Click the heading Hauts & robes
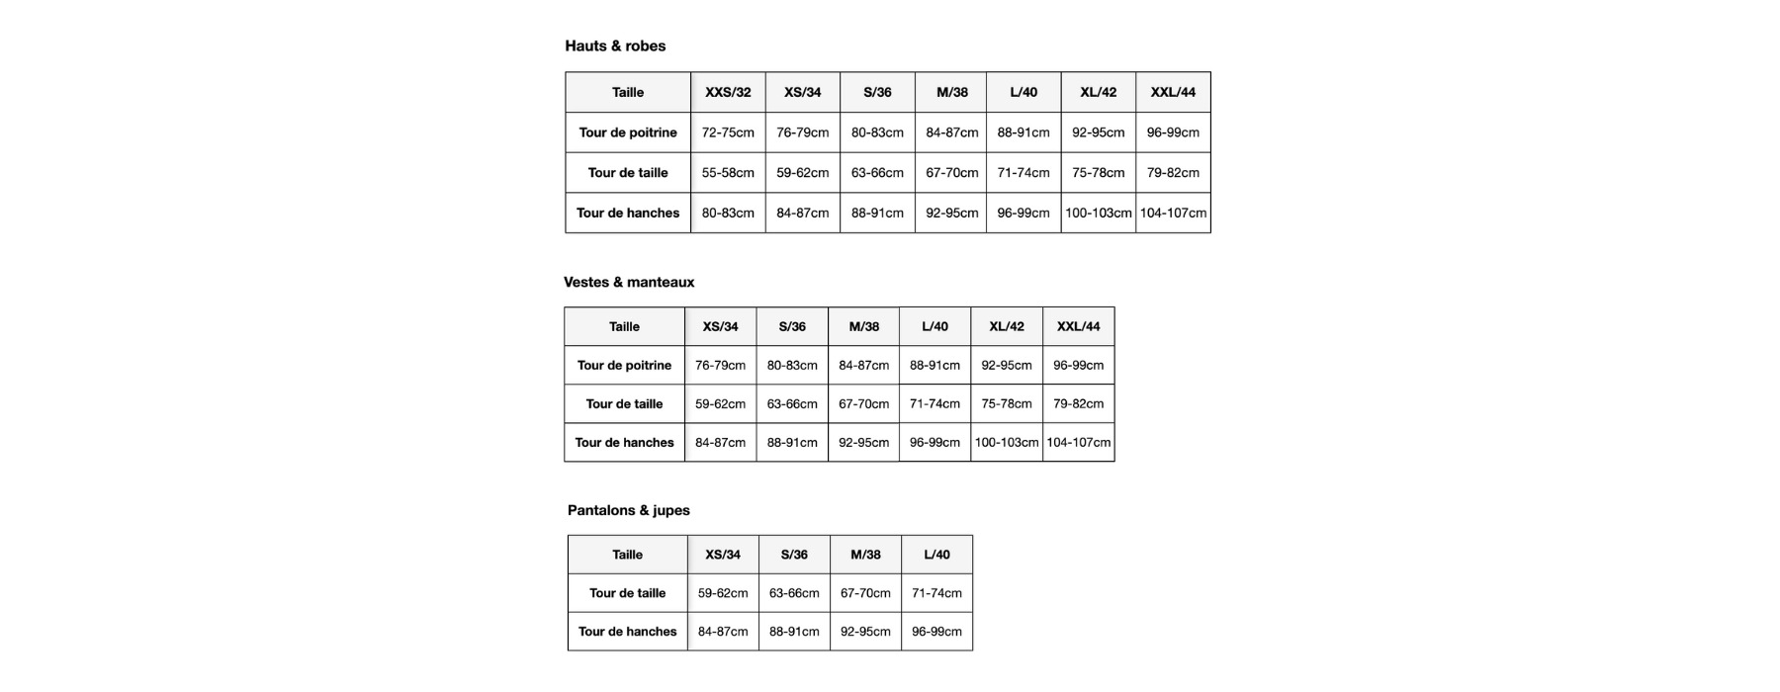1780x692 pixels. [x=615, y=45]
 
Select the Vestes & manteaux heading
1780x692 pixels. [x=629, y=282]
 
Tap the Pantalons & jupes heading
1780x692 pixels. [x=629, y=510]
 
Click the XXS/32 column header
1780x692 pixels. [x=728, y=92]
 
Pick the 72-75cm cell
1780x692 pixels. [x=728, y=132]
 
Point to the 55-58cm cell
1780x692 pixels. [x=728, y=173]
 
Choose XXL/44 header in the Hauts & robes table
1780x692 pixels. [x=1173, y=92]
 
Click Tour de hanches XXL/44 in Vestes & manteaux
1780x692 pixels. [x=1079, y=443]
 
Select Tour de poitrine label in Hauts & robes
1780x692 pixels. [x=628, y=132]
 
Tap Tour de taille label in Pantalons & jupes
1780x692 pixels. [x=628, y=593]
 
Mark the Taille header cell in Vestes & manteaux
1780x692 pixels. [x=624, y=326]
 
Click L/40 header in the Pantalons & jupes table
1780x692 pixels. [x=936, y=555]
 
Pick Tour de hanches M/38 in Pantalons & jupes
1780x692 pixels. [x=865, y=632]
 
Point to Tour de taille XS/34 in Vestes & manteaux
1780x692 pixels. [x=720, y=404]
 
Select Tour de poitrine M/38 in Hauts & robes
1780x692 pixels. [x=951, y=132]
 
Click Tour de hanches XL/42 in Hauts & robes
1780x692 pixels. [x=1098, y=214]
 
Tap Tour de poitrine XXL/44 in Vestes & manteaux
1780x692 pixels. [x=1079, y=366]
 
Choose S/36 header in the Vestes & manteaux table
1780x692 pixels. [x=792, y=326]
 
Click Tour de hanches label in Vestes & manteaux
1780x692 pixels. [x=624, y=443]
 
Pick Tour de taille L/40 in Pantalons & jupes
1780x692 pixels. [x=936, y=593]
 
